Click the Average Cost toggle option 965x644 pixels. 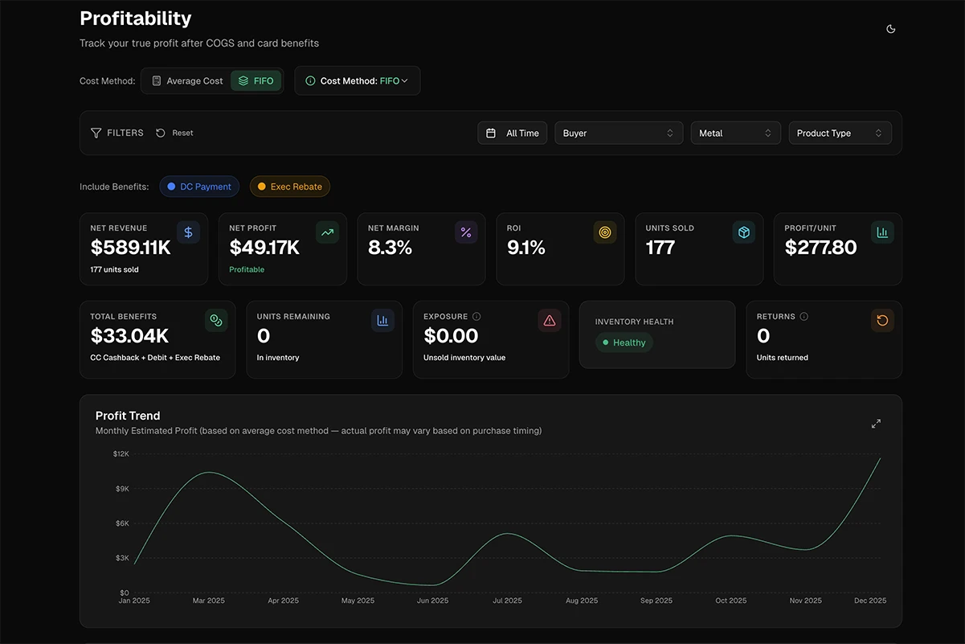pos(187,81)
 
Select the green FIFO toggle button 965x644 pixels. pos(256,81)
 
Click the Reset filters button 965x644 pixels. pos(174,133)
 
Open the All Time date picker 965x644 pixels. pos(513,133)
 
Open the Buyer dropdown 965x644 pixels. pos(618,133)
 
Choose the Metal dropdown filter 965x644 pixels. pos(735,133)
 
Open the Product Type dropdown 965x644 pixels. pos(839,133)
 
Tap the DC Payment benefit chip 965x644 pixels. pos(199,187)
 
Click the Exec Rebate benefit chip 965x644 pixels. pos(289,187)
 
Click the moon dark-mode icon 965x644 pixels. pos(890,29)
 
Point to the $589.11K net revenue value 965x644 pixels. pos(131,248)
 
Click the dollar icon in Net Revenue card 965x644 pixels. pos(188,232)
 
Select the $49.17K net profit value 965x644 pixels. pos(264,248)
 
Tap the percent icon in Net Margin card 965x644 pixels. pos(466,232)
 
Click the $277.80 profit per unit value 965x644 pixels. pos(820,248)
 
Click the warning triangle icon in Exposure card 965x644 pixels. pos(550,321)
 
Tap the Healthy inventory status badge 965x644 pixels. pos(624,343)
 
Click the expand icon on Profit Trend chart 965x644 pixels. pos(876,424)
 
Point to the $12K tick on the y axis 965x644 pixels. pos(121,454)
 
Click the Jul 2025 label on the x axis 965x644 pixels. pos(507,601)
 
